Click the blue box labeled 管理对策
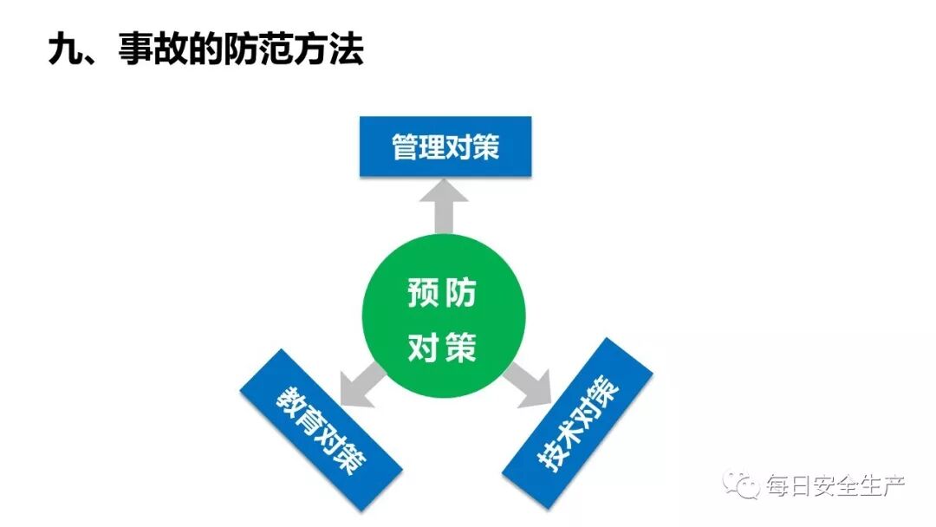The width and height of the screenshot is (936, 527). (445, 146)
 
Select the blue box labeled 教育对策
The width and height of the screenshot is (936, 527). (321, 430)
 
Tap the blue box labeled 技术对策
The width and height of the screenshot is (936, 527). (578, 423)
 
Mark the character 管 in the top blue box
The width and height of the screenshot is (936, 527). (406, 146)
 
